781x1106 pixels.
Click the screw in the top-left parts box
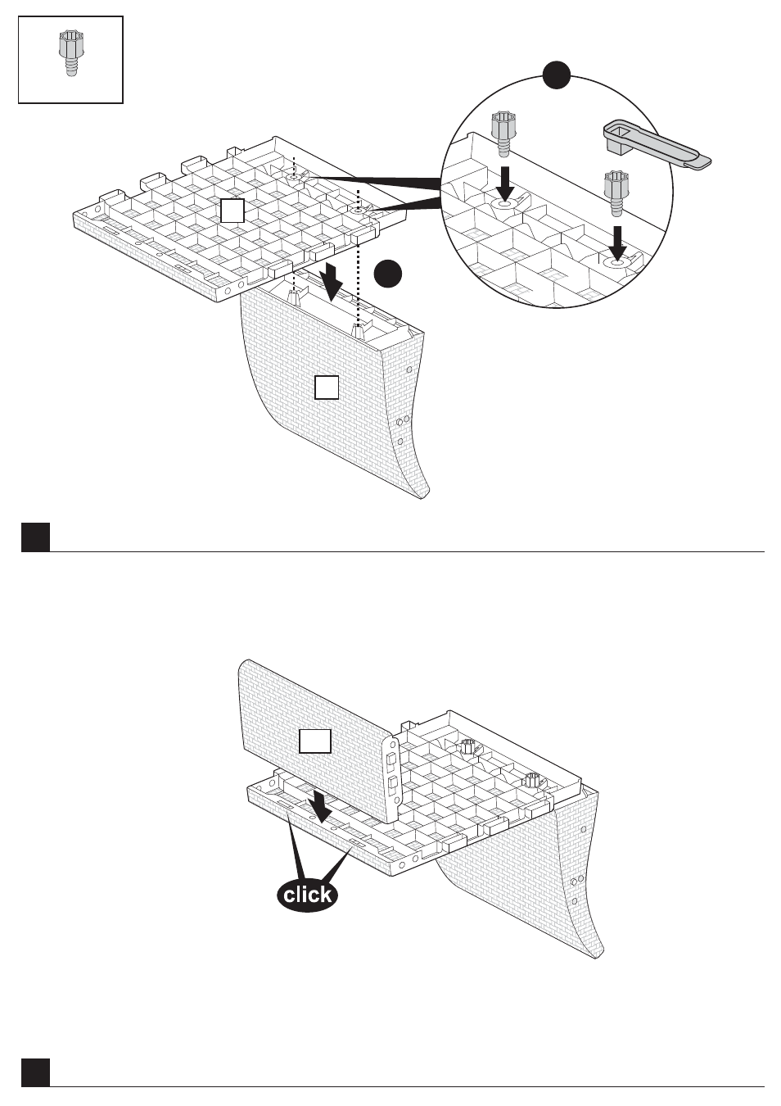click(x=69, y=53)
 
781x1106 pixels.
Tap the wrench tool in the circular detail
click(x=657, y=144)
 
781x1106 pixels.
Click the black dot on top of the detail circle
click(x=557, y=75)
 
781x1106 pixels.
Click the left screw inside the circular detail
click(x=503, y=133)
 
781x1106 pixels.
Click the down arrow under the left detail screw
click(x=504, y=184)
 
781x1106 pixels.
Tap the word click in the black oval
click(x=307, y=894)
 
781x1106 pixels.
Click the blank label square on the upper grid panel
click(x=232, y=211)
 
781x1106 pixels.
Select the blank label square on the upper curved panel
click(x=327, y=387)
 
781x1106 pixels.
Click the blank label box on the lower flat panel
click(x=314, y=741)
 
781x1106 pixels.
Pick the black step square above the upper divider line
click(x=35, y=537)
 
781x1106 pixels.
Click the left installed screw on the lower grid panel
click(x=467, y=747)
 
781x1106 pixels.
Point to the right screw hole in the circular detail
click(x=616, y=261)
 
